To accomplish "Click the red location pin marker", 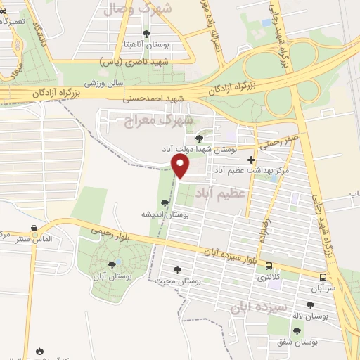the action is (181, 167).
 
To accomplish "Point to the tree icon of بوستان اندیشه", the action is (165, 203).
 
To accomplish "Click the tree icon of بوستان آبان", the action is (112, 264).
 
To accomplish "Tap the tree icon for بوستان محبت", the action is (176, 269).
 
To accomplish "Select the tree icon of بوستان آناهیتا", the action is (146, 33).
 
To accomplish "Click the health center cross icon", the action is (251, 160).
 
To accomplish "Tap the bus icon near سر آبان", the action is (323, 277).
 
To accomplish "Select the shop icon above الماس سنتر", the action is (34, 229).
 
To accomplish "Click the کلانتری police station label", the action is (266, 278).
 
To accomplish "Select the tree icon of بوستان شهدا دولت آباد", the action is (199, 139).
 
